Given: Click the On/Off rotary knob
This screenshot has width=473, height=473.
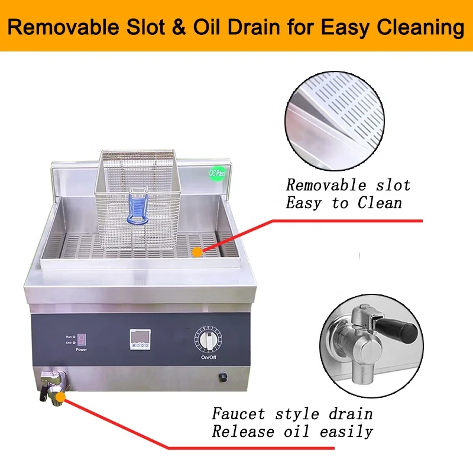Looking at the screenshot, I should [208, 341].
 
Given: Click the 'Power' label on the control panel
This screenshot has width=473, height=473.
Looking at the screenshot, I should [82, 350].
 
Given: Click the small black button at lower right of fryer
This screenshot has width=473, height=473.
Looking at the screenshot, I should [224, 377].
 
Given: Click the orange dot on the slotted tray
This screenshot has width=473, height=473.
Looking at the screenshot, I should [197, 251].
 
